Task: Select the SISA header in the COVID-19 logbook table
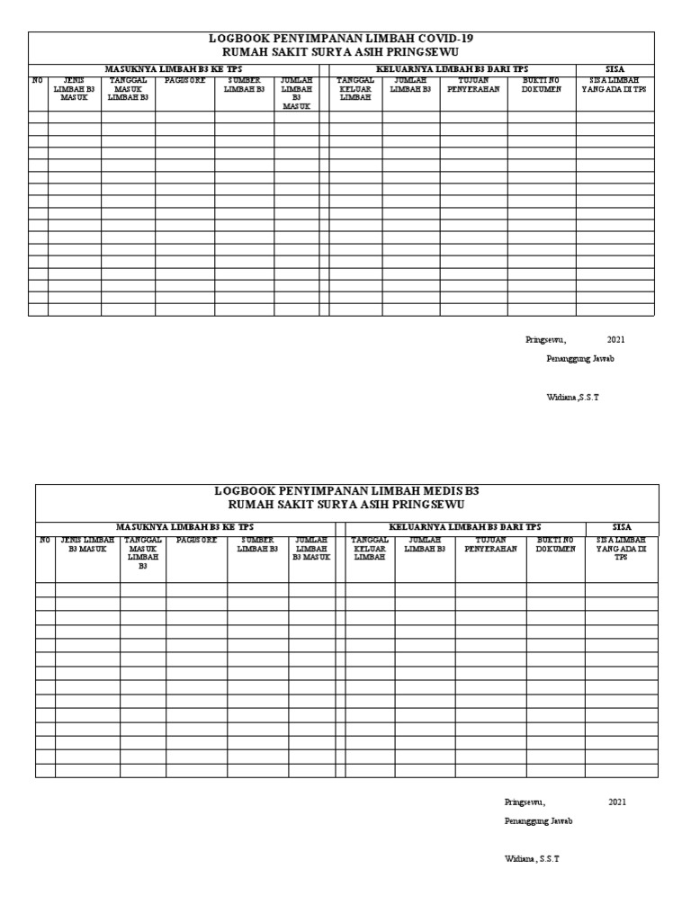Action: [615, 68]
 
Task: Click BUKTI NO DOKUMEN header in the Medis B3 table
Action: [556, 544]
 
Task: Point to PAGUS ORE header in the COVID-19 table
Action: [184, 81]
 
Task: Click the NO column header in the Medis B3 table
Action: [45, 540]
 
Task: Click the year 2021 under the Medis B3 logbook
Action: [617, 802]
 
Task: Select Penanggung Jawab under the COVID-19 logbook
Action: [580, 358]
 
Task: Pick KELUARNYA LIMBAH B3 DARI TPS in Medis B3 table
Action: [464, 526]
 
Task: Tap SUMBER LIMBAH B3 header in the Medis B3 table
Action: [257, 544]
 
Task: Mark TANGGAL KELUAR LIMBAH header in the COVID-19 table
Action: [354, 89]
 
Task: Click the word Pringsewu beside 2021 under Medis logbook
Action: [525, 802]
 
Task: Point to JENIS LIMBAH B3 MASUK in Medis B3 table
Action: [87, 544]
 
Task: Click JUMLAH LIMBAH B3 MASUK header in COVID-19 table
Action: [296, 94]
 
